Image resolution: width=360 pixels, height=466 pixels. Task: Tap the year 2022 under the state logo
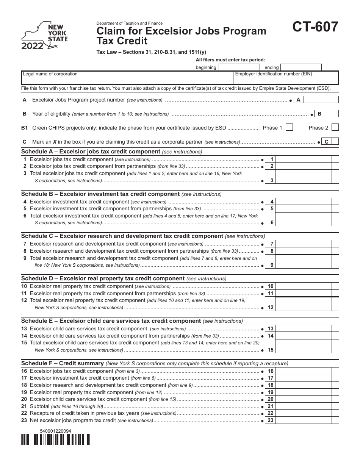pyautogui.click(x=32, y=47)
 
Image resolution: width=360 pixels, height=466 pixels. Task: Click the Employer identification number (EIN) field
pyautogui.click(x=286, y=78)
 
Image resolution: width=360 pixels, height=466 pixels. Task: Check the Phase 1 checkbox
pyautogui.click(x=289, y=128)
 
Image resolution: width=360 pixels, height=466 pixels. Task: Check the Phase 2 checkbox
pyautogui.click(x=335, y=128)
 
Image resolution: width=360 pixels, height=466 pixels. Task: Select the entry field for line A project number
pyautogui.click(x=321, y=100)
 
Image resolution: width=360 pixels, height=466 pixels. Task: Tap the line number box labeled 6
pyautogui.click(x=272, y=223)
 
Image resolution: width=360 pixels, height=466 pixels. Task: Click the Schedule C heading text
pyautogui.click(x=122, y=236)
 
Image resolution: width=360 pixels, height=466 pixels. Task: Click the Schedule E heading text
pyautogui.click(x=111, y=321)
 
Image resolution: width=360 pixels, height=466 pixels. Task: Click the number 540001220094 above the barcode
pyautogui.click(x=55, y=431)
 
